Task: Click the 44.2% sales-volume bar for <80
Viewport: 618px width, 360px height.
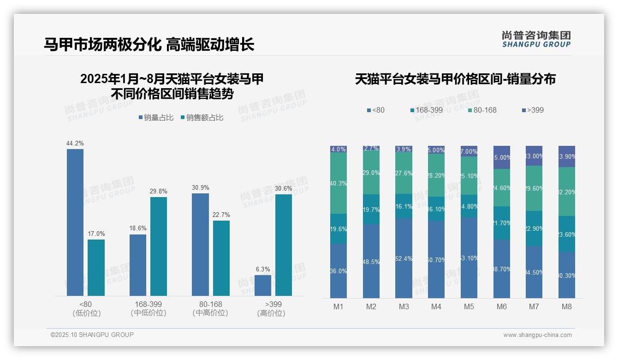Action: click(x=75, y=222)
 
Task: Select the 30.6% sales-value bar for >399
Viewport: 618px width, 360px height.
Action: click(x=284, y=245)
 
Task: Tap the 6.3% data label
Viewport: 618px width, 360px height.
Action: click(x=263, y=270)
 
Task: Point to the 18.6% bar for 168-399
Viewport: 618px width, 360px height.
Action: click(x=138, y=265)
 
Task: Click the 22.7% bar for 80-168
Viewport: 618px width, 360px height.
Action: click(x=221, y=258)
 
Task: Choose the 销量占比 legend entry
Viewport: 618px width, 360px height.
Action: click(x=156, y=118)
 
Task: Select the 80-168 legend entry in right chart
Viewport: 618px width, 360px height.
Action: click(x=482, y=110)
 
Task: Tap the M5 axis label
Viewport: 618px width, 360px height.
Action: click(x=469, y=307)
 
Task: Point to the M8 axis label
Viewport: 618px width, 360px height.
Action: click(x=567, y=307)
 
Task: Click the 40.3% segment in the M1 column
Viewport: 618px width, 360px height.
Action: click(x=339, y=183)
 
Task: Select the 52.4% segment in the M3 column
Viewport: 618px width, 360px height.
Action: click(x=404, y=258)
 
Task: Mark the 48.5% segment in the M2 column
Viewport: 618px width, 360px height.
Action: click(x=371, y=261)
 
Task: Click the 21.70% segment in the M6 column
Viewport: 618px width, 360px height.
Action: click(x=502, y=223)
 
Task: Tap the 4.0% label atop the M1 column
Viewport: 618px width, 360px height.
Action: click(x=339, y=149)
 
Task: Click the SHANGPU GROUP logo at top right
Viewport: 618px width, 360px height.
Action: click(x=536, y=39)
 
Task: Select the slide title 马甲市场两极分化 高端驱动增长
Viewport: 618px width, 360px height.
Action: click(x=149, y=44)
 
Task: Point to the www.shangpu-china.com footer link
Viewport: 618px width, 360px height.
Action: click(x=537, y=335)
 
